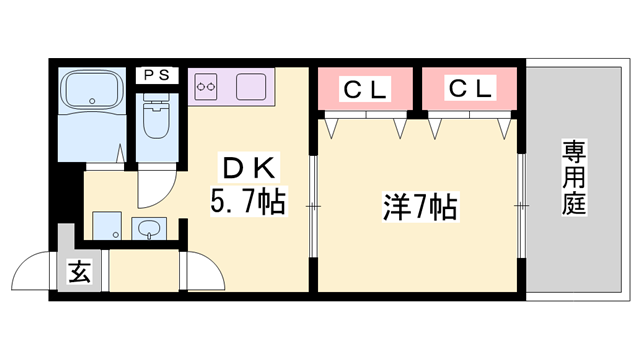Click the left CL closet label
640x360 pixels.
click(x=365, y=89)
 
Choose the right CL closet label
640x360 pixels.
click(x=470, y=89)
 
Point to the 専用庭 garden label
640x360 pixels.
click(x=573, y=180)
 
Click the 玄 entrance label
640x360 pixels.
click(x=78, y=271)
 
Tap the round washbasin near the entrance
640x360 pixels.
click(x=149, y=228)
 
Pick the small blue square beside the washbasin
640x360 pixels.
click(x=105, y=226)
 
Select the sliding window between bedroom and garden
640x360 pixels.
click(x=521, y=204)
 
